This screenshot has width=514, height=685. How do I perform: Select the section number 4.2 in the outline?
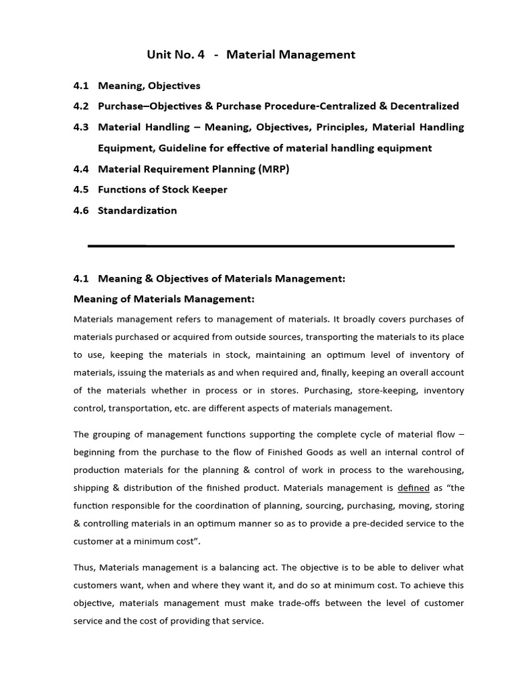click(x=81, y=106)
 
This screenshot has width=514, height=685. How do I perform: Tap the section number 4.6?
click(x=81, y=210)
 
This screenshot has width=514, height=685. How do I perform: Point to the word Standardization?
click(x=137, y=210)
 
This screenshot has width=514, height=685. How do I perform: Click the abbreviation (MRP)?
click(x=273, y=169)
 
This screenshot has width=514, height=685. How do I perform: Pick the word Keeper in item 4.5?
click(x=211, y=189)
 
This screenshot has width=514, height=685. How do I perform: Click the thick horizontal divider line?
click(x=271, y=246)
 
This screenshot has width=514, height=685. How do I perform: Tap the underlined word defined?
click(x=413, y=488)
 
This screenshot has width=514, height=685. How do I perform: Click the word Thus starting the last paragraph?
click(x=84, y=567)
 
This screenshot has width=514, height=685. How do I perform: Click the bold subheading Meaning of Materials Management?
click(x=164, y=299)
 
